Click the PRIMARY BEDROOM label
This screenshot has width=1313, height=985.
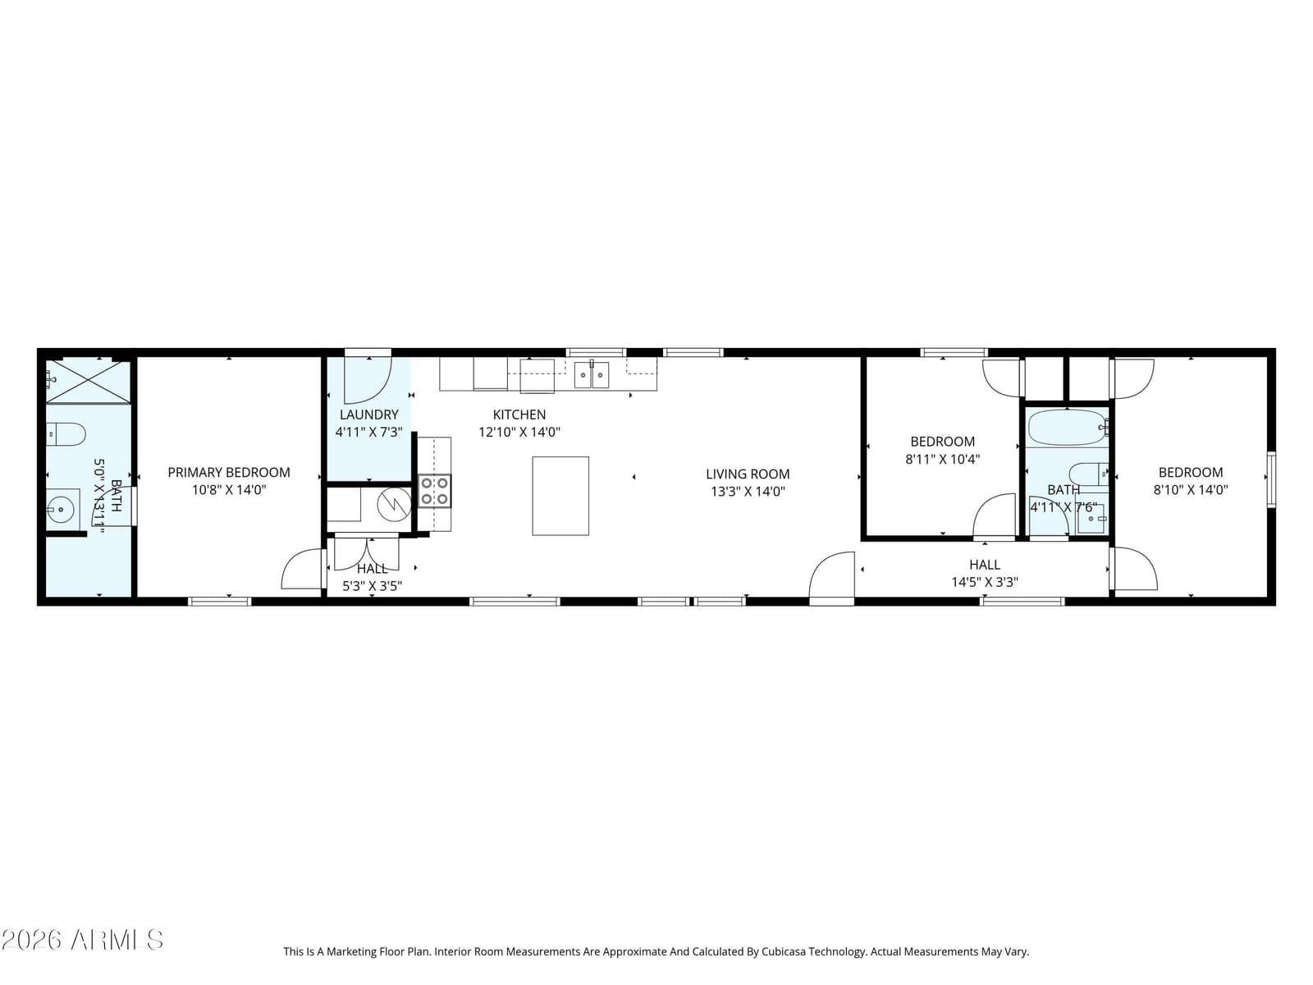(228, 473)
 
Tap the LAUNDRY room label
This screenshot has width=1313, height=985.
(369, 415)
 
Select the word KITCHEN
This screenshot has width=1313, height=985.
(519, 415)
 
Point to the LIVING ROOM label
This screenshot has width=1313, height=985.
(748, 474)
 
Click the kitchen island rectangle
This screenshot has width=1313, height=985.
(560, 496)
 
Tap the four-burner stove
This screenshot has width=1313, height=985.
(435, 491)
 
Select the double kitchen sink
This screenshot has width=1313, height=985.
(592, 375)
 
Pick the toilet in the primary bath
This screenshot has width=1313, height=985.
(66, 434)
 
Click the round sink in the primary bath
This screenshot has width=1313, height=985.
(60, 510)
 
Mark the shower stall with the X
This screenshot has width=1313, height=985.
(89, 382)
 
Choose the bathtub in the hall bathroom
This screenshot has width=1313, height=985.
(1068, 427)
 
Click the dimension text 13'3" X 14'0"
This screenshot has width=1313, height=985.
(748, 492)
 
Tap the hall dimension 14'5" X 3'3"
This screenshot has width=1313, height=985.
(985, 582)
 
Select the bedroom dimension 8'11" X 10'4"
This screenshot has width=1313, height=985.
(942, 460)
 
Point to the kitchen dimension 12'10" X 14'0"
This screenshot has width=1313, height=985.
(519, 432)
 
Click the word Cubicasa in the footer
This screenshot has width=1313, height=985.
(785, 951)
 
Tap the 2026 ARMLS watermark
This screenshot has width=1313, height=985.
(82, 940)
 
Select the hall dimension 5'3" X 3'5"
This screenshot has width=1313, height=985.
(372, 586)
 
